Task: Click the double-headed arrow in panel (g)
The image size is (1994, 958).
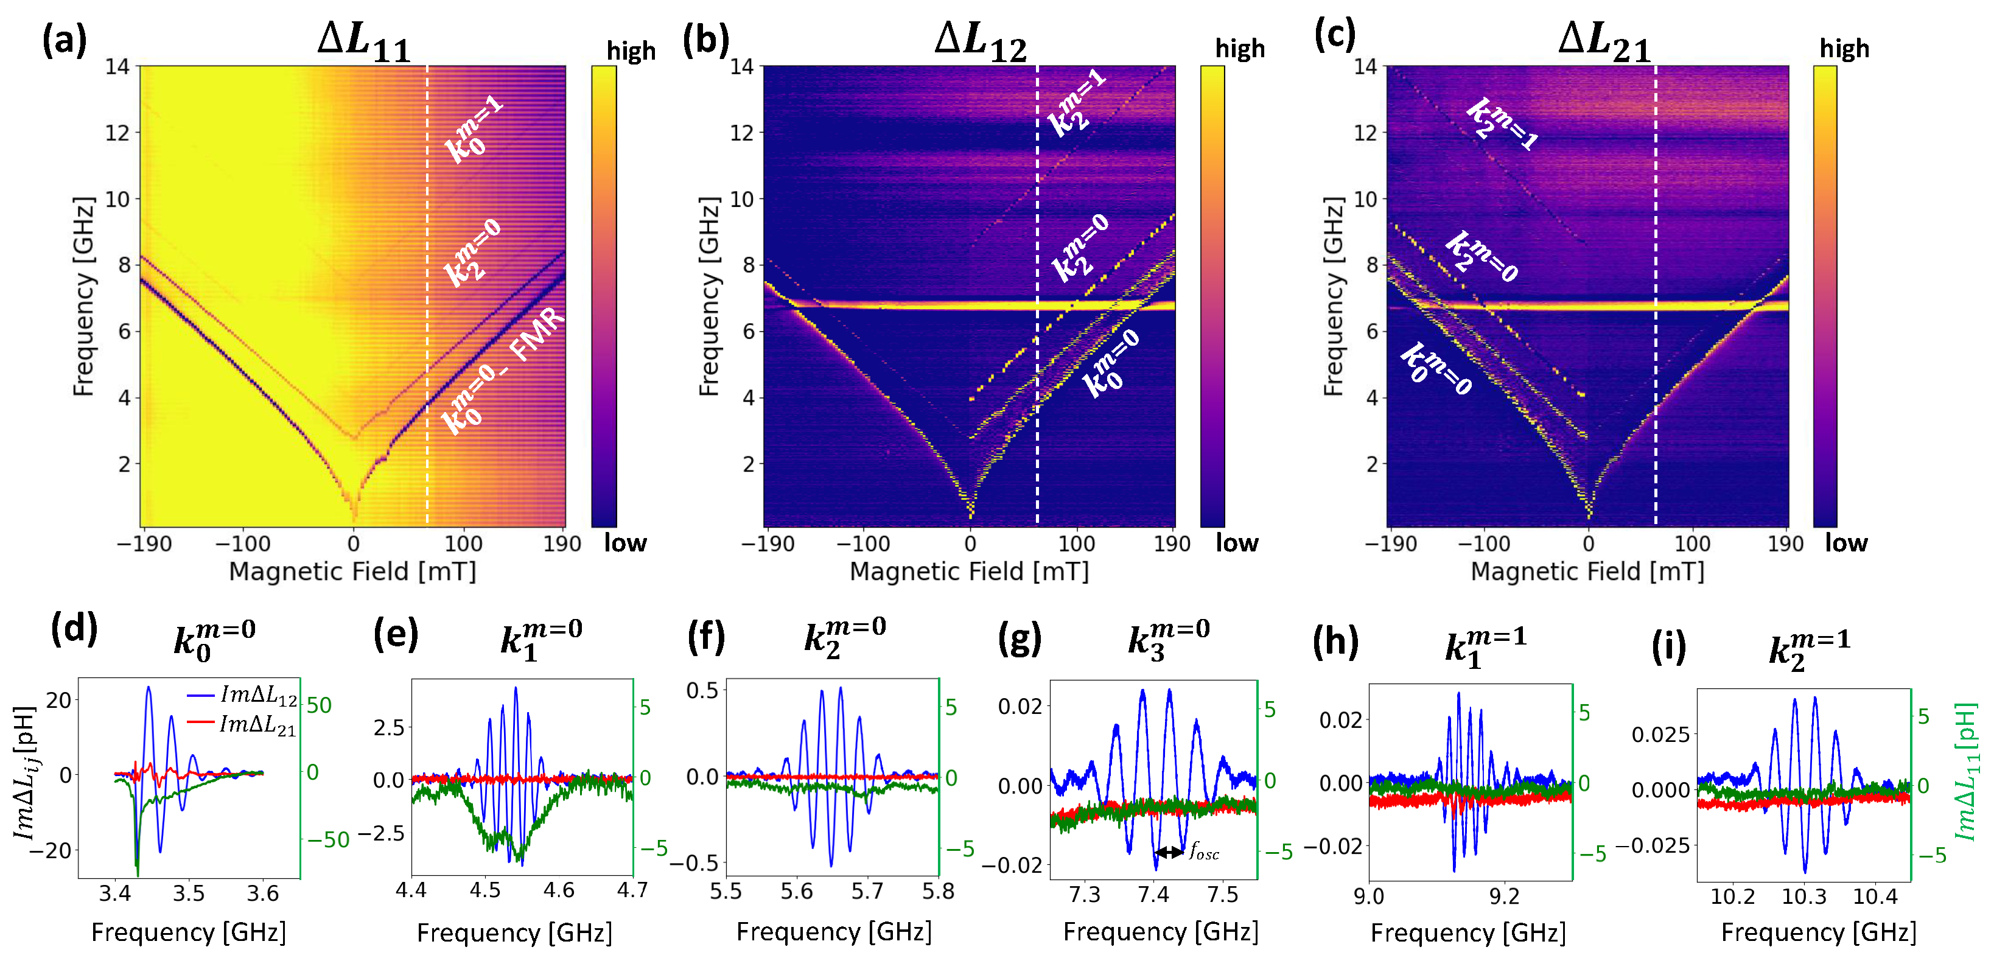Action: (x=1169, y=852)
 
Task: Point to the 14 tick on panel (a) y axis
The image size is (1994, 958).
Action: (x=117, y=66)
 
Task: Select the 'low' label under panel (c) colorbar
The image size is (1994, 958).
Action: (x=1845, y=544)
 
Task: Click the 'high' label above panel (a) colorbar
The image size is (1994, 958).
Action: (x=631, y=51)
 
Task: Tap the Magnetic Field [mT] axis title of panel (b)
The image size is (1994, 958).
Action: (x=969, y=572)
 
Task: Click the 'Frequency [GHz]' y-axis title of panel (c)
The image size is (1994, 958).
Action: (x=1333, y=296)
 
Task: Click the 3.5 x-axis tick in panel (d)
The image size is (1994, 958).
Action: (x=188, y=893)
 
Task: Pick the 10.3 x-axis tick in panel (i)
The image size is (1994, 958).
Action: (x=1803, y=897)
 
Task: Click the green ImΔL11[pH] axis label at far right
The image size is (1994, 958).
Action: (x=1966, y=772)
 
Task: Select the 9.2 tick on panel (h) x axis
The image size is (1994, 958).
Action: (x=1504, y=897)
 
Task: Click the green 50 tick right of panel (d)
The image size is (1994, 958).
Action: (x=319, y=706)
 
